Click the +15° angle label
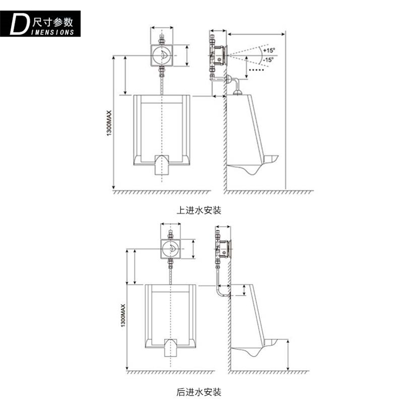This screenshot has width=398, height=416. [269, 50]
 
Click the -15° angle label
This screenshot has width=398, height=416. [268, 59]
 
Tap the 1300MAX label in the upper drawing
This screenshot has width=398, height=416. [109, 123]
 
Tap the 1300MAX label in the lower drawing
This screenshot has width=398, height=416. [123, 315]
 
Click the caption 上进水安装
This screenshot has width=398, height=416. [199, 210]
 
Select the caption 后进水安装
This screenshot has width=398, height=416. [199, 392]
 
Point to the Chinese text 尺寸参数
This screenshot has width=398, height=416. [53, 22]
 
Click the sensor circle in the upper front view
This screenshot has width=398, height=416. [162, 55]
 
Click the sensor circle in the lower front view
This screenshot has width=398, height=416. [171, 249]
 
